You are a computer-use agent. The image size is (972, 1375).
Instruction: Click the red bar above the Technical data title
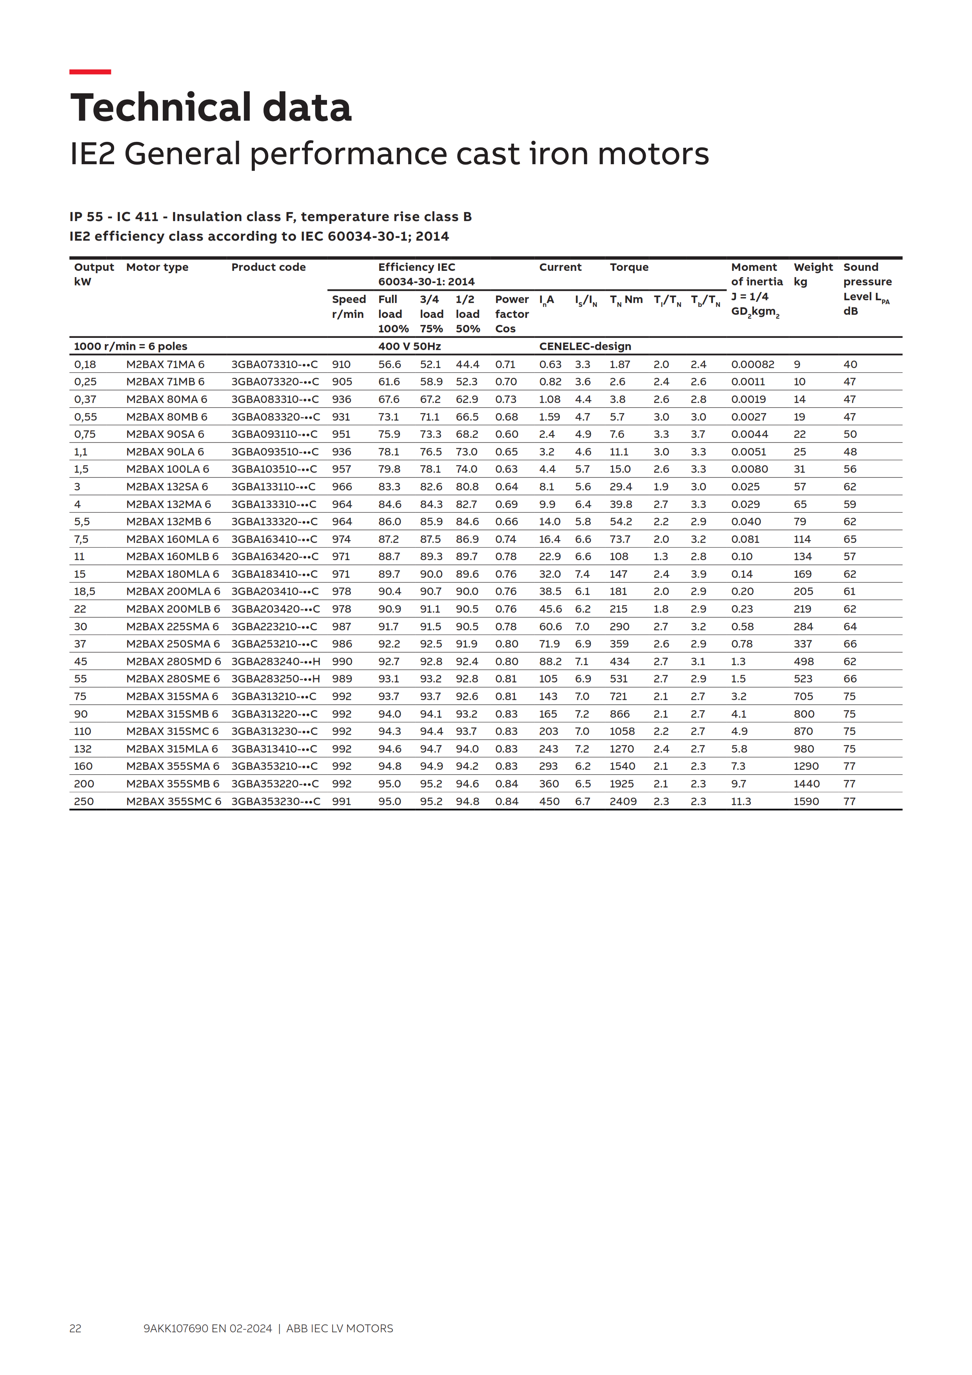click(x=90, y=72)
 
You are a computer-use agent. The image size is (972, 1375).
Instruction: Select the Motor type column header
click(x=157, y=267)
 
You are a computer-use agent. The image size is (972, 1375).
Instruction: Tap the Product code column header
click(x=268, y=267)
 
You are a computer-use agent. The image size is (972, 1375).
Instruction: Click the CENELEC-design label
click(x=585, y=346)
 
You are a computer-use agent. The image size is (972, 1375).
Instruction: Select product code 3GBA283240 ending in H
click(x=276, y=661)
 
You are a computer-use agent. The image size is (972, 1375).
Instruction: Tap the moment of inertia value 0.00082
click(x=752, y=364)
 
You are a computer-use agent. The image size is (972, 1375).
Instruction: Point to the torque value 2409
click(x=623, y=801)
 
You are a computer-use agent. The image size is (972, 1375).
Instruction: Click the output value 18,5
click(x=84, y=591)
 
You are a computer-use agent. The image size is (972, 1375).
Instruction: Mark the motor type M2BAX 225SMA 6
click(x=173, y=626)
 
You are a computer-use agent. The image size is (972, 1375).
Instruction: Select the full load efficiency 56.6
click(x=389, y=364)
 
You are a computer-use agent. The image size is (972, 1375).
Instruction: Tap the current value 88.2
click(x=550, y=661)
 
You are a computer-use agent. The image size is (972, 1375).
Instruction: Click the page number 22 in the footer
click(x=75, y=1328)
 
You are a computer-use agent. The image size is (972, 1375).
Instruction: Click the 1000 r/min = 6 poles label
click(x=131, y=346)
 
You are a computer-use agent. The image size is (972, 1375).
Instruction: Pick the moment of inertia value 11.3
click(x=741, y=801)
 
